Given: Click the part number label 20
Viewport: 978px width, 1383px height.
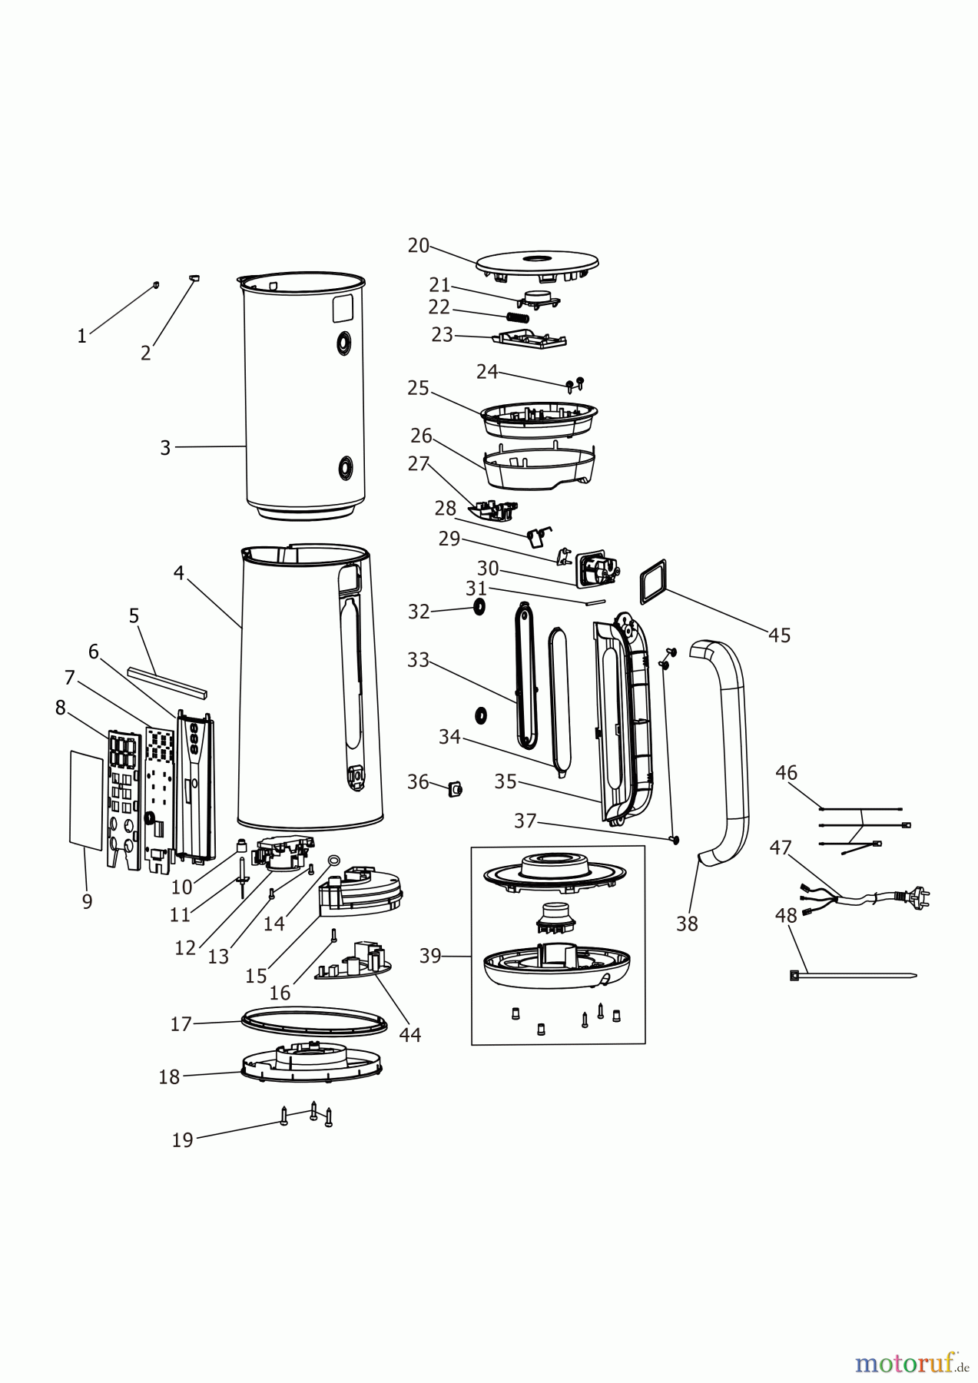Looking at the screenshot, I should tap(418, 245).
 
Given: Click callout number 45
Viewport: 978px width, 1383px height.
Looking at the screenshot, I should tap(779, 635).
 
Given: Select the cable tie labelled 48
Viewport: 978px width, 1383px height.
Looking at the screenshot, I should tap(853, 976).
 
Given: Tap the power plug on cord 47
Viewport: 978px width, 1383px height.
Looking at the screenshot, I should tap(921, 895).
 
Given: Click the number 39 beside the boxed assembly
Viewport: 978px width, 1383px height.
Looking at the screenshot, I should tap(430, 956).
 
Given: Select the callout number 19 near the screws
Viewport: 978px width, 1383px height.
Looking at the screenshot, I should tap(182, 1139).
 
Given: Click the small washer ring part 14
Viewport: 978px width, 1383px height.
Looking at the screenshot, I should tap(334, 861).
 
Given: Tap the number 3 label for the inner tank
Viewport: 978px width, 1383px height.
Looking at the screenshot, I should tap(164, 448).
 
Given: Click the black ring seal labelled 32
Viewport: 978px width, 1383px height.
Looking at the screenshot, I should tap(479, 608).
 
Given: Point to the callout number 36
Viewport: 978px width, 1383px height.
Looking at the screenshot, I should tap(418, 781).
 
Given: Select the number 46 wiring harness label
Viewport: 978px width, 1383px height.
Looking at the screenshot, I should tap(786, 772).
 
